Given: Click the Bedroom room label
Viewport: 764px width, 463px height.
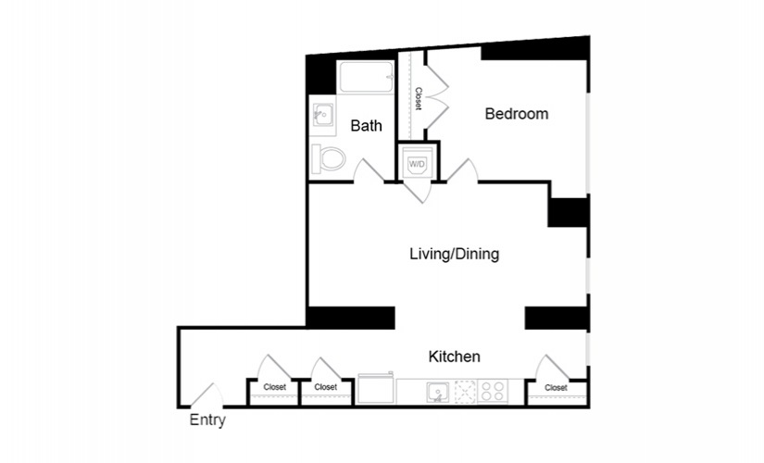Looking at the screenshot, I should click(517, 114).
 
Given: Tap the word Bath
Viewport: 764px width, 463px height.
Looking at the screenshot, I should click(367, 127).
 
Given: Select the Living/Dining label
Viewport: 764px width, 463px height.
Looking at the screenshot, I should click(455, 254).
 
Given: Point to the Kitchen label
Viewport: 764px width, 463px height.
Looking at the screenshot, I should click(453, 357).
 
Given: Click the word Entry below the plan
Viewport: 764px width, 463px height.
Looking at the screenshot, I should click(207, 419).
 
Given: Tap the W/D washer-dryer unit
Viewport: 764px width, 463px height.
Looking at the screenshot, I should click(416, 164).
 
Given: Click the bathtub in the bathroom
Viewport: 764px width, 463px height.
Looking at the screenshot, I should click(366, 77).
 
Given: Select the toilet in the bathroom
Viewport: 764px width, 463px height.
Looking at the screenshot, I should click(329, 158).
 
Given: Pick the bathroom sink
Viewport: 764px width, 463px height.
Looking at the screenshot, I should click(322, 117).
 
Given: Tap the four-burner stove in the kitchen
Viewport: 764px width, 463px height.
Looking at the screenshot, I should click(492, 392).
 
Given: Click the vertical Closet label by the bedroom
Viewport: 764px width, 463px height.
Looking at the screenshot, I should click(419, 98).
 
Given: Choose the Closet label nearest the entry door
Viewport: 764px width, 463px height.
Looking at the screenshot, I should click(274, 387).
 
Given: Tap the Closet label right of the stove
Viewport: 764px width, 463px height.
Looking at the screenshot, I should click(556, 387).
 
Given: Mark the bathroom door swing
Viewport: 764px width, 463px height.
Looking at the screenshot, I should click(368, 169).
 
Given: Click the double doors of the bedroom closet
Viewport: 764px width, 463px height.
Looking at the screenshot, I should click(436, 93).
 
